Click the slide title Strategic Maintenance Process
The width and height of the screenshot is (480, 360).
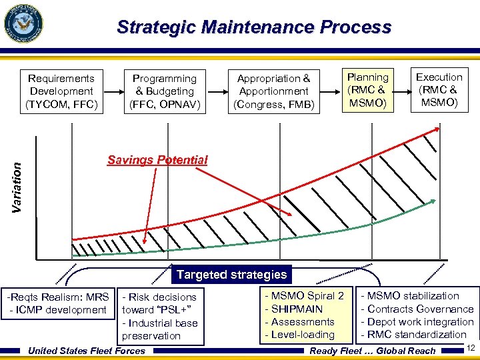point(253,27)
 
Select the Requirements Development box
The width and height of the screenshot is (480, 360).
point(61,91)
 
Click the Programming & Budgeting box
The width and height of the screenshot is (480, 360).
point(164,91)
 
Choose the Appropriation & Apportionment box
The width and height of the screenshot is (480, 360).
point(273,91)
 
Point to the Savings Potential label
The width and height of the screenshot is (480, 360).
point(157,160)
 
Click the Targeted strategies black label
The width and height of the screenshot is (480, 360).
point(231,275)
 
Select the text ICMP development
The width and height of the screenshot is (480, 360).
point(58,309)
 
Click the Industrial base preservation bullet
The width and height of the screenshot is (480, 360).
point(159,329)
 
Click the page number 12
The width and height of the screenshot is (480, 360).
point(470,347)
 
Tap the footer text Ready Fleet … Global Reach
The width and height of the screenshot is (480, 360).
point(373,351)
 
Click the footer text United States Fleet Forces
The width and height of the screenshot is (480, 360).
point(87,351)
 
